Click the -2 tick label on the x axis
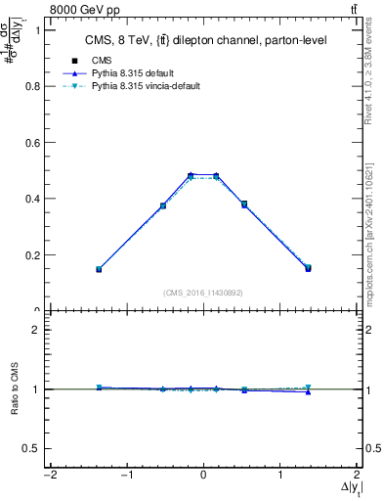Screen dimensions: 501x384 coord(47,476)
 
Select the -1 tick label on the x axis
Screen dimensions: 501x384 coord(125,476)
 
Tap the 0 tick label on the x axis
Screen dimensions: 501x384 coord(203,476)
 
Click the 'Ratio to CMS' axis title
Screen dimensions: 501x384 coord(12,388)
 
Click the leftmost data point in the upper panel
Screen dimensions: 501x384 coord(99,268)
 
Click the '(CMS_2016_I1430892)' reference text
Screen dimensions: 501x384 coord(203,293)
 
